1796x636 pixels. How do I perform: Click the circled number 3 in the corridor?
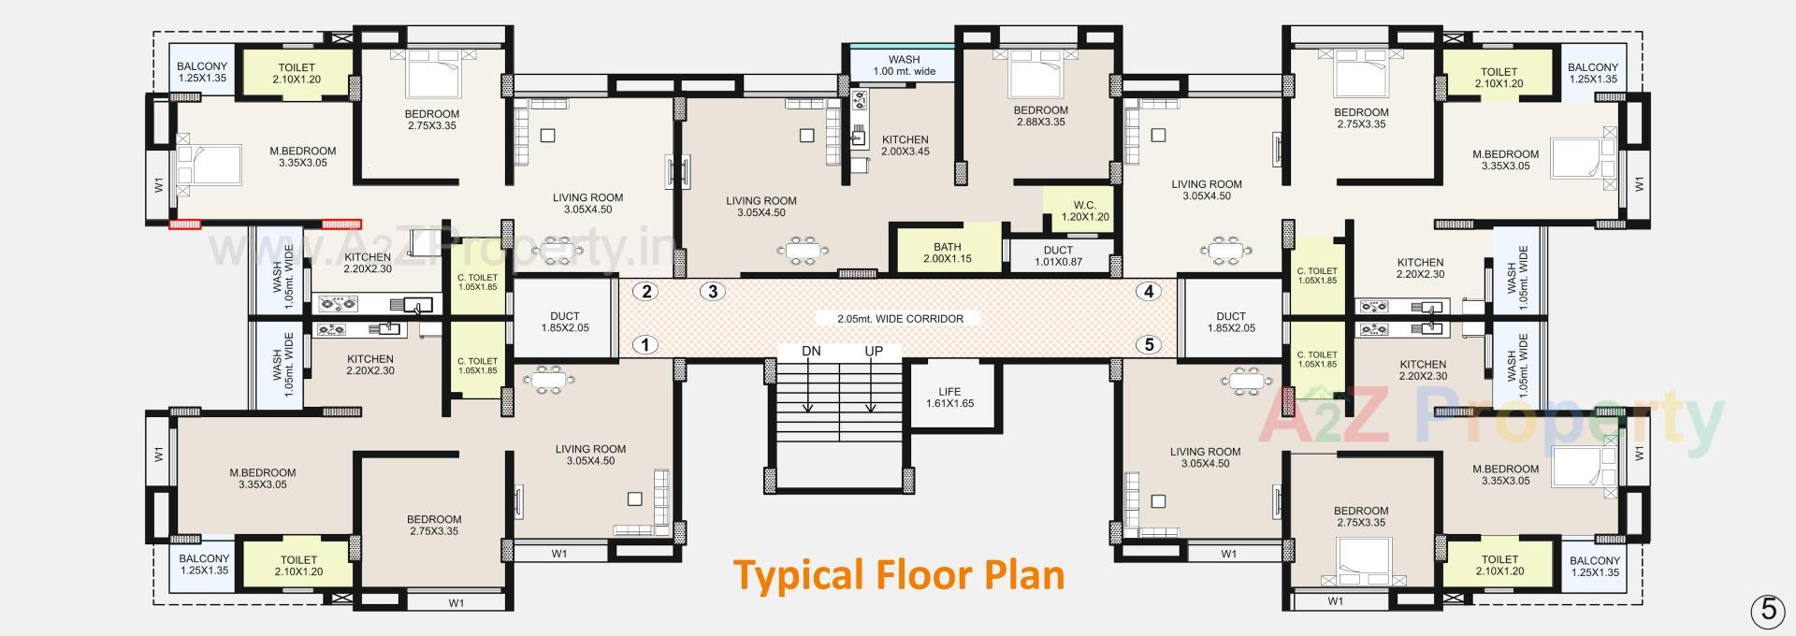[713, 291]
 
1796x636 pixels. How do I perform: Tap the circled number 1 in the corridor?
[645, 345]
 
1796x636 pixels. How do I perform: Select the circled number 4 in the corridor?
[1148, 291]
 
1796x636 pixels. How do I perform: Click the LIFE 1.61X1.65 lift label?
[949, 397]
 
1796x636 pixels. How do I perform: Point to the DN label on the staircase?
[811, 352]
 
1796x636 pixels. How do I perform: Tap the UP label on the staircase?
[873, 352]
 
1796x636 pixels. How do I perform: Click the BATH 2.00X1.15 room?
[947, 252]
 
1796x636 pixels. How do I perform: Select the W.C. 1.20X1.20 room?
[1084, 211]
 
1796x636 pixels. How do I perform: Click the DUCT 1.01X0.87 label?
[1058, 255]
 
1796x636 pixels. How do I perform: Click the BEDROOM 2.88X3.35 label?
[1040, 115]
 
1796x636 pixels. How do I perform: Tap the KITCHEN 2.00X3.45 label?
[905, 145]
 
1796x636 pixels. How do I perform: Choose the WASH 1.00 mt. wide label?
[904, 65]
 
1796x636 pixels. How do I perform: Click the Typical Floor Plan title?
[898, 574]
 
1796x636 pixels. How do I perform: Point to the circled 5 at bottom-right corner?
[1767, 610]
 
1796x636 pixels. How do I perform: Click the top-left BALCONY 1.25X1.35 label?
[202, 72]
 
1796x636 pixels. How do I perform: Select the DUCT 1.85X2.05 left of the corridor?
[564, 322]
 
